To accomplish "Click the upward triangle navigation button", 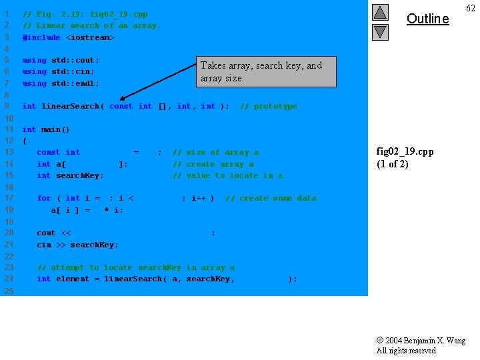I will [x=379, y=12].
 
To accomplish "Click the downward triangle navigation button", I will [x=379, y=31].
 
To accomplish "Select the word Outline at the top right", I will [x=427, y=19].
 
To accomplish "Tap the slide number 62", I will [x=470, y=8].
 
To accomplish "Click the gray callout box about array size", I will [x=265, y=71].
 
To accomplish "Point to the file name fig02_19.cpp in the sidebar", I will [x=405, y=151].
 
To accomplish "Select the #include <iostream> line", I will [x=69, y=37].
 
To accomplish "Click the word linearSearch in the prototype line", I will [x=70, y=106].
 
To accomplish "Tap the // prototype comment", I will [x=268, y=106].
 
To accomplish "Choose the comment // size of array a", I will [x=215, y=152].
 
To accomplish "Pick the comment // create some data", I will [x=271, y=198].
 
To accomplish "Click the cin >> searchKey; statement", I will [x=77, y=245].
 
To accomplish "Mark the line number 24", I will [x=9, y=279].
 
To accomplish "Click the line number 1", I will [x=7, y=14].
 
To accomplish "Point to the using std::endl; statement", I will [x=61, y=83].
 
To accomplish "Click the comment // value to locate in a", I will [x=227, y=175].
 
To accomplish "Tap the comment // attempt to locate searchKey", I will [x=135, y=267].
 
